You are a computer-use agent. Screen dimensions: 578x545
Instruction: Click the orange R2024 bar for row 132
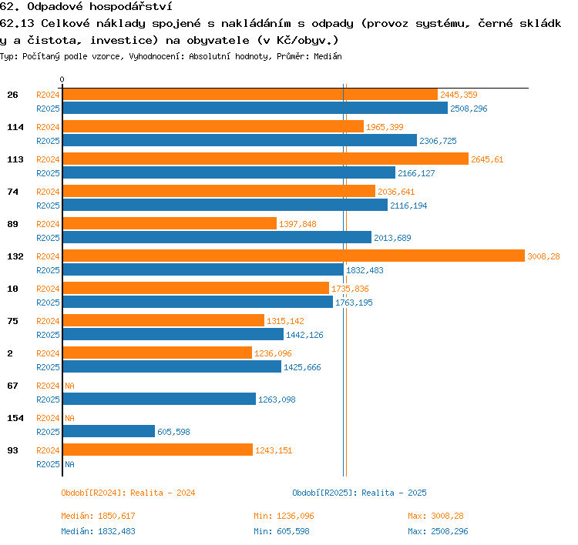tap(294, 256)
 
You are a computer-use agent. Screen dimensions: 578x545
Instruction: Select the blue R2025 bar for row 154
tap(109, 431)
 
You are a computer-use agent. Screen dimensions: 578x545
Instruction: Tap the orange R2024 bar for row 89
tap(170, 223)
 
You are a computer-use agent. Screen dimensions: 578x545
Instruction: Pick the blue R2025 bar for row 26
tap(255, 108)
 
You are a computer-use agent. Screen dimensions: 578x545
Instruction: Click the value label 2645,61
tap(487, 159)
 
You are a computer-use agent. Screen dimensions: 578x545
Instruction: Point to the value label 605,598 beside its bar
tap(173, 432)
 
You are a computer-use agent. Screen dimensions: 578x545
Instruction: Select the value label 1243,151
tap(274, 450)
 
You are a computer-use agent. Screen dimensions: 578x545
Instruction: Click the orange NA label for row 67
tap(69, 386)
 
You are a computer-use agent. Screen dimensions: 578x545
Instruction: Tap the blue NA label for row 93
tap(69, 464)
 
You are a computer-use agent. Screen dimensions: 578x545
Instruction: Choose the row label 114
tap(15, 127)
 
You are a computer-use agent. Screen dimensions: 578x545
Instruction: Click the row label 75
tap(12, 321)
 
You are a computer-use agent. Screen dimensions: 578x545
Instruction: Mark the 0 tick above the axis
tap(62, 79)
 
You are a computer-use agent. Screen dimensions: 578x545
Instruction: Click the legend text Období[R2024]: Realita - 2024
tap(128, 493)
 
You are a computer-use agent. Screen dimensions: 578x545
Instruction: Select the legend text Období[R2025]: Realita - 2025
tap(359, 493)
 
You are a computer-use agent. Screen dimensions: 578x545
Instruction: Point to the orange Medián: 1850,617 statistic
tap(98, 516)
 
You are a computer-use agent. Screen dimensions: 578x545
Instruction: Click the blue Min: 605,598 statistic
tap(281, 531)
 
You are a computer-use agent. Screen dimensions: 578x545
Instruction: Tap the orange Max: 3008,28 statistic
tap(435, 516)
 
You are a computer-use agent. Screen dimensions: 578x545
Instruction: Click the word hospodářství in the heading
tap(131, 7)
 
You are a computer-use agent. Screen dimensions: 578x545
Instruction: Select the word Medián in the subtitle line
tap(328, 56)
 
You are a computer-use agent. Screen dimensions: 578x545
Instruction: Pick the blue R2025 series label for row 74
tap(48, 206)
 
